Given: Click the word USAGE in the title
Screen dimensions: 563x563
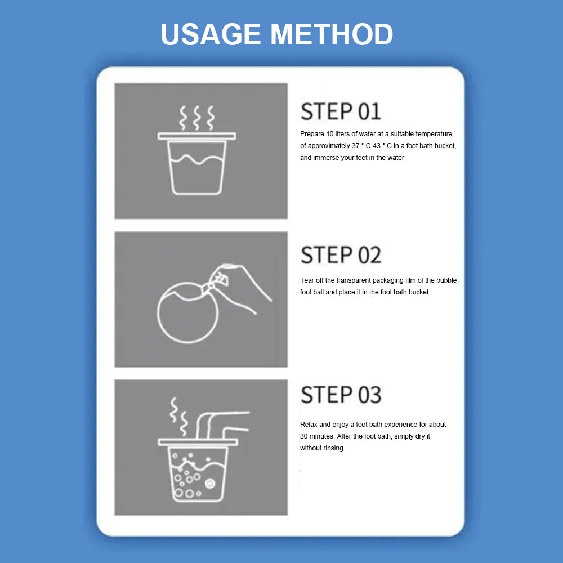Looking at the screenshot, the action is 211,34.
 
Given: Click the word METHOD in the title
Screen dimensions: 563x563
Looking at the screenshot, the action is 332,34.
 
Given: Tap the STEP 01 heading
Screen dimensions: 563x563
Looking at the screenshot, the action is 341,111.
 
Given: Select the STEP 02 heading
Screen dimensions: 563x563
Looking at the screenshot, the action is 341,255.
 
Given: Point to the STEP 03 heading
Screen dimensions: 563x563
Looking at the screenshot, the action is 341,395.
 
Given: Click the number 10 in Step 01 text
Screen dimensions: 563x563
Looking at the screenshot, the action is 329,134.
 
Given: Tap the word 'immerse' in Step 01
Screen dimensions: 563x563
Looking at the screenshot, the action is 325,158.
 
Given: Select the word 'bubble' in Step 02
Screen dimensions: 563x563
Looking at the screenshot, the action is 446,280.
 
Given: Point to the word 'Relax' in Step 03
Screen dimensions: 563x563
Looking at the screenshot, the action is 309,425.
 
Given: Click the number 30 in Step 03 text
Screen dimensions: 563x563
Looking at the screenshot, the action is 304,436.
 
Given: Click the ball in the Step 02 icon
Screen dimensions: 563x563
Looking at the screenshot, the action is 187,312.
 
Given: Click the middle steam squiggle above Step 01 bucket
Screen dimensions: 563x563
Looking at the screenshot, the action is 196,118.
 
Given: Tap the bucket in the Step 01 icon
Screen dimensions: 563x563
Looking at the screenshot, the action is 196,163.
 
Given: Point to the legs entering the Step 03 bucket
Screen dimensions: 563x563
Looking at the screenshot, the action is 222,425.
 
